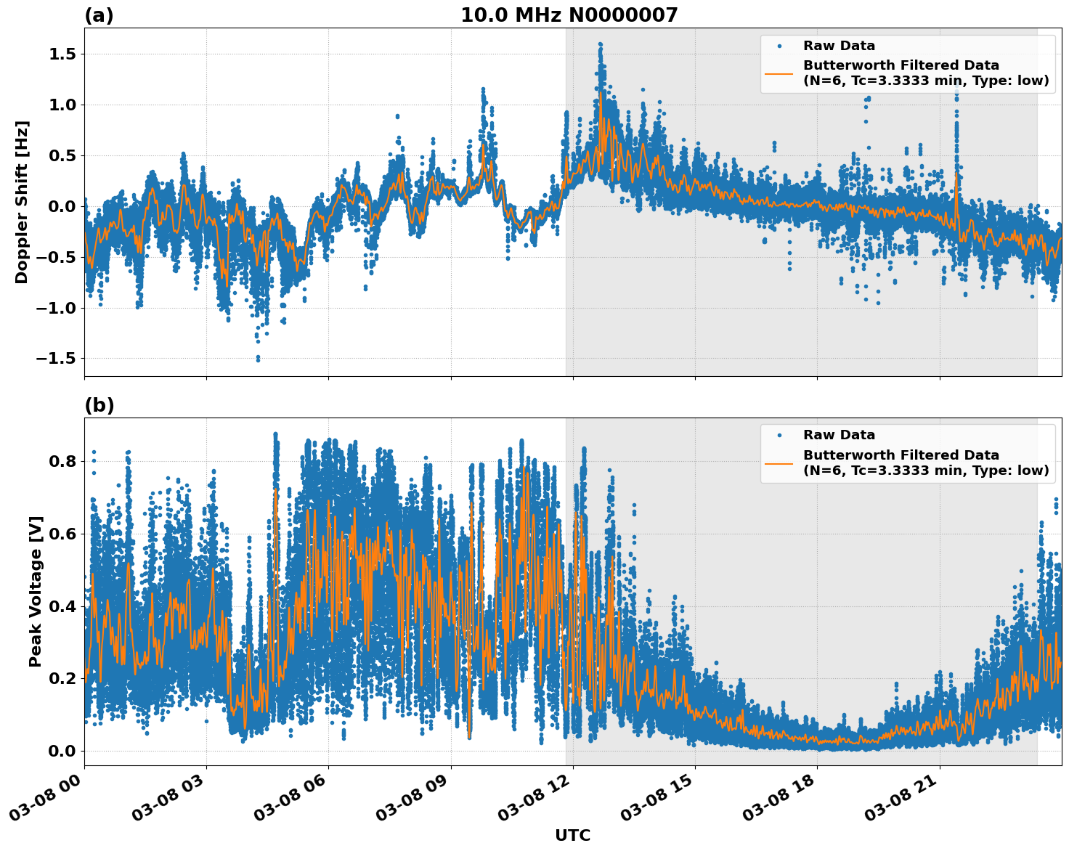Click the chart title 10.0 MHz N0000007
click(569, 15)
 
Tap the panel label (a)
click(99, 15)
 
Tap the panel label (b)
click(99, 405)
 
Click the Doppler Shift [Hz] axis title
click(22, 202)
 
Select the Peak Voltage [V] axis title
click(36, 591)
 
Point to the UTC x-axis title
click(572, 835)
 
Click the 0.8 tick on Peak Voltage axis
click(62, 461)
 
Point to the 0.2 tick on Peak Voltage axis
click(62, 678)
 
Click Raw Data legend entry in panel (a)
click(839, 46)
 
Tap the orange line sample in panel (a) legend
click(779, 73)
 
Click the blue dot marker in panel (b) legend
click(779, 435)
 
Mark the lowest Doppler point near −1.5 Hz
click(258, 359)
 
